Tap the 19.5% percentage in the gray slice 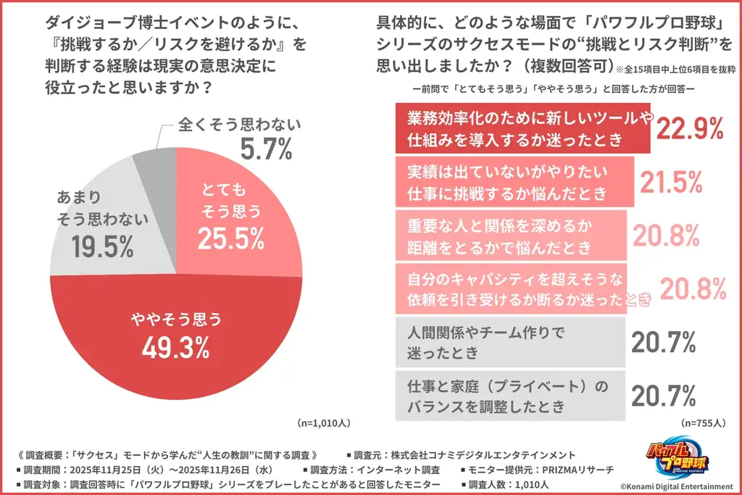click(102, 246)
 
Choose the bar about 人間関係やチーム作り click(510, 341)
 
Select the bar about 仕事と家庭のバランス click(510, 395)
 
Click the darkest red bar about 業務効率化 click(522, 128)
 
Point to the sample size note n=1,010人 click(324, 422)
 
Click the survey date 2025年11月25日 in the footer click(122, 469)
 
